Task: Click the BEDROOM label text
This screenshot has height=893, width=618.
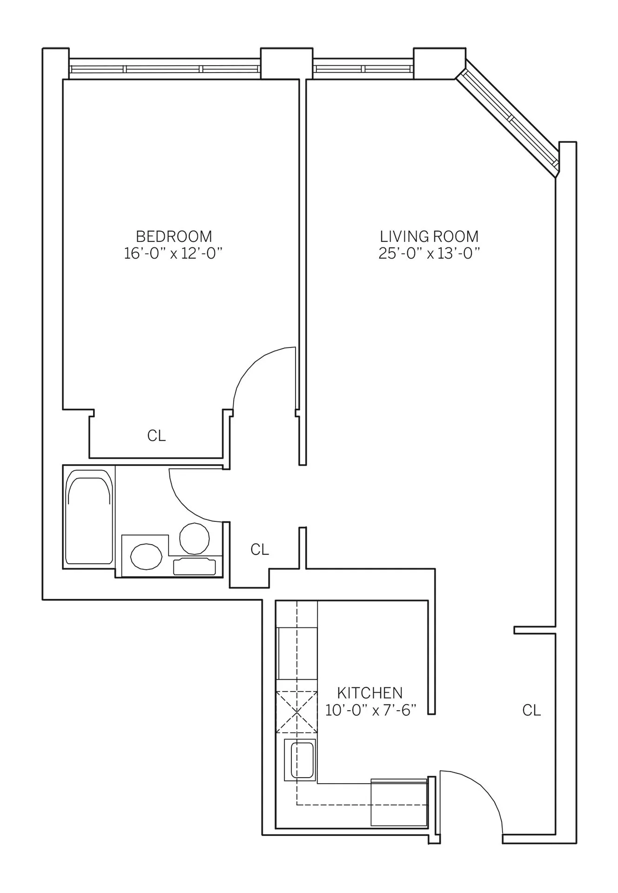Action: click(174, 236)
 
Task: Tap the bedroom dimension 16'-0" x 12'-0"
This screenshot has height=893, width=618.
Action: click(174, 253)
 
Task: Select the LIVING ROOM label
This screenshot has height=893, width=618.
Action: click(429, 236)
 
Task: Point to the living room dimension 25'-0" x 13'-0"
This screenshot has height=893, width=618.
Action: click(429, 253)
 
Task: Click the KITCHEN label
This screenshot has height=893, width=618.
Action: click(369, 693)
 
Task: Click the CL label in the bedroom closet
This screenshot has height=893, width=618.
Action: click(156, 436)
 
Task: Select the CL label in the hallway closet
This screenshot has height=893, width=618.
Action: click(260, 549)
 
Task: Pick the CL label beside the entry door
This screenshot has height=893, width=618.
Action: click(531, 710)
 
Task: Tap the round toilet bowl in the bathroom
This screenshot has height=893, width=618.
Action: click(195, 538)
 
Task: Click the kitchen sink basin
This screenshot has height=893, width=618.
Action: click(302, 760)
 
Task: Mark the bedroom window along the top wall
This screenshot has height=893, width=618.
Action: click(164, 69)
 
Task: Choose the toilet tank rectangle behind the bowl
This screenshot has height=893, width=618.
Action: click(195, 566)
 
